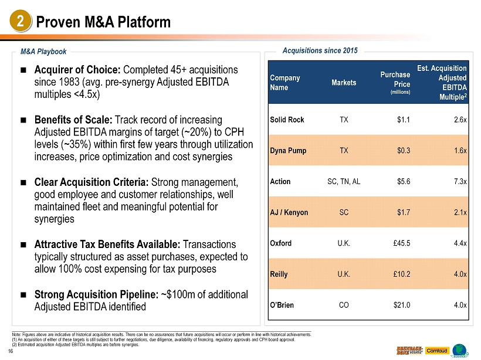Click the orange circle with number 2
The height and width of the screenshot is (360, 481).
[21, 22]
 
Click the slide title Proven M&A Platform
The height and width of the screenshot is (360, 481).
[103, 22]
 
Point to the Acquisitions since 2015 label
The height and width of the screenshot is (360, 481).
[320, 51]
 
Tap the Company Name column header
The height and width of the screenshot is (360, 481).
[285, 83]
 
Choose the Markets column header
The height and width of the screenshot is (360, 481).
[344, 83]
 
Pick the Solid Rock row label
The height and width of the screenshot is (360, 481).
[287, 120]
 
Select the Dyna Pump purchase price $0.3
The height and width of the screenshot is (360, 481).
[403, 151]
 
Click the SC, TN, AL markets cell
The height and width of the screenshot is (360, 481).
[344, 181]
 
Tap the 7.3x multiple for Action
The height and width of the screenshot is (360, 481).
[459, 181]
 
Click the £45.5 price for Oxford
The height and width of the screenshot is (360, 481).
[401, 243]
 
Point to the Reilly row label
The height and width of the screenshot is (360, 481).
[280, 274]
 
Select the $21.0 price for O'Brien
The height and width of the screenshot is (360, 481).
[401, 305]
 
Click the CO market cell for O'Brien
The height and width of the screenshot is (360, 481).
[344, 305]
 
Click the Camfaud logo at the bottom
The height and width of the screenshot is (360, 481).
[436, 350]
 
